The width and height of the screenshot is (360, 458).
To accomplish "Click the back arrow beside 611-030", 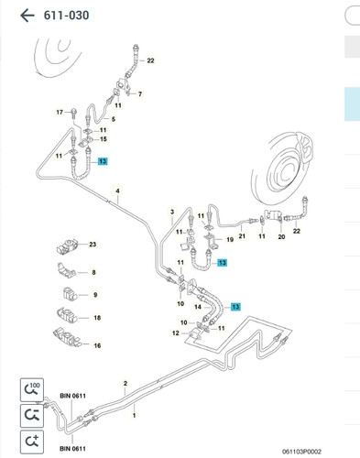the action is pos(27,16).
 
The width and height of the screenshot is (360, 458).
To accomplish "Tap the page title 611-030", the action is pos(66,16).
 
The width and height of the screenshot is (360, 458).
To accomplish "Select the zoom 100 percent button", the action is pos(32,390).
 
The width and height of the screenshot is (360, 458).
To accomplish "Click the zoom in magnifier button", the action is pos(32,442).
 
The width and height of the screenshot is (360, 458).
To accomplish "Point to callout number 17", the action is pos(60,112).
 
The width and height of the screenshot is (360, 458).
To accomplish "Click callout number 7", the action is pos(140,94).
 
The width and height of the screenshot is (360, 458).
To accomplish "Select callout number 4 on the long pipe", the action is pos(117,191).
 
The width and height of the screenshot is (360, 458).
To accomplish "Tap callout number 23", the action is pos(93,245).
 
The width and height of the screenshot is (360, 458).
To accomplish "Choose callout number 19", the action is pos(230,240).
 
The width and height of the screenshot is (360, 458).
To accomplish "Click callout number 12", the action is pos(176,333).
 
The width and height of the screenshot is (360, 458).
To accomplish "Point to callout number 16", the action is pos(97,345).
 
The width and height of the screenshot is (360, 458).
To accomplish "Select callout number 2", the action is pos(125,383).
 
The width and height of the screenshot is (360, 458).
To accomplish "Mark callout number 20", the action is pos(281,236).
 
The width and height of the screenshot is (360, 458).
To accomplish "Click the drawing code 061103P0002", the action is pos(301,452).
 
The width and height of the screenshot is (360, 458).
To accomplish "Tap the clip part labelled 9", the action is pos(70,294).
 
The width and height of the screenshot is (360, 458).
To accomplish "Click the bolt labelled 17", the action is pos(73,114).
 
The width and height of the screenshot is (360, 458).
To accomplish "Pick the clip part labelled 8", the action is pos(66,270).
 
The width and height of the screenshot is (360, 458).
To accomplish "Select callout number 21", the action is pos(242,236).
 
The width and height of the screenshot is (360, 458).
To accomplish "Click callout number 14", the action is pos(198,307).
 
